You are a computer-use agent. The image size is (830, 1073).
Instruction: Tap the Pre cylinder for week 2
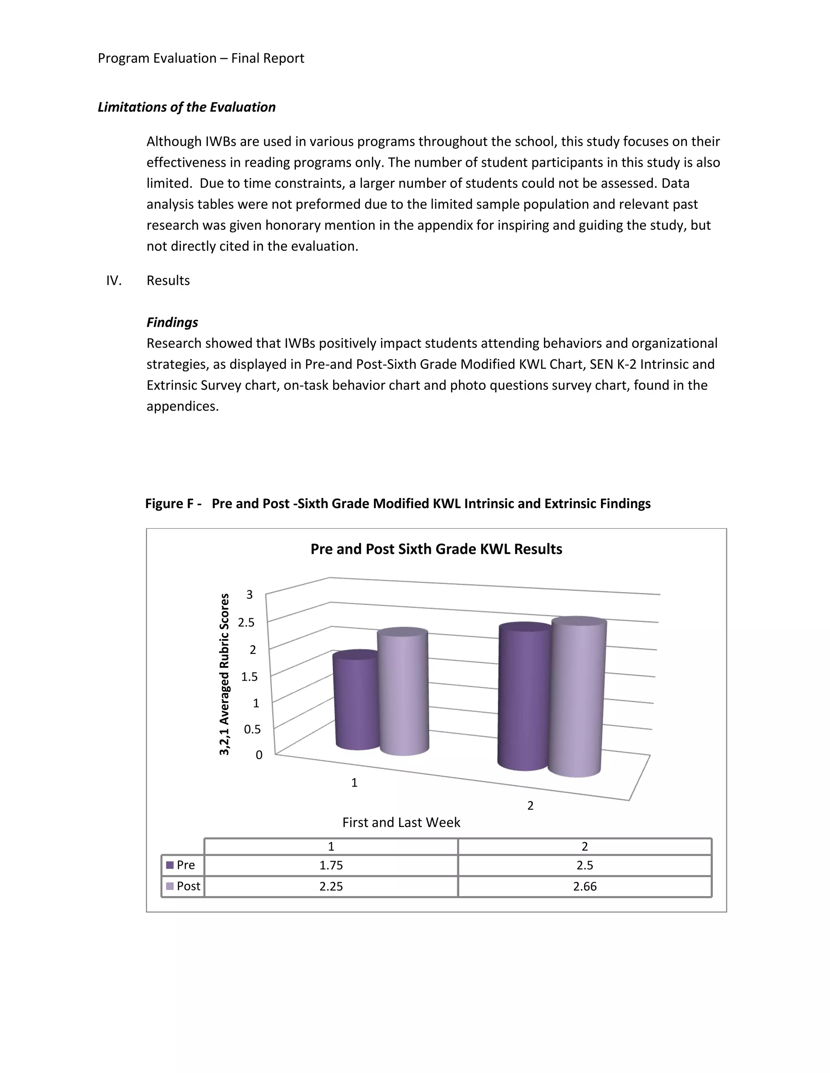click(524, 698)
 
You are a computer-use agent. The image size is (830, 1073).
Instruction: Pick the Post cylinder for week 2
click(576, 698)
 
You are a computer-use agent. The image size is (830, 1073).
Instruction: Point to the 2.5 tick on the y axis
click(246, 622)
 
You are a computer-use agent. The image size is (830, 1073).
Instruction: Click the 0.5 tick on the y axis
click(252, 729)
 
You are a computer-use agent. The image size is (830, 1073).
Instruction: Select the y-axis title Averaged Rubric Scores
click(224, 674)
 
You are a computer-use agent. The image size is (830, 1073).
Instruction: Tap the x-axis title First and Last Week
click(401, 822)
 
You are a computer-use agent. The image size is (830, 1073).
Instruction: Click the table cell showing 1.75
click(331, 865)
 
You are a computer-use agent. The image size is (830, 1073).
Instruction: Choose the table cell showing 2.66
click(585, 886)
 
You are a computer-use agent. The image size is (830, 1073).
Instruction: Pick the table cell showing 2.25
click(331, 886)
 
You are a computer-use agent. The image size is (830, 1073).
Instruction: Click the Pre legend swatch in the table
click(170, 865)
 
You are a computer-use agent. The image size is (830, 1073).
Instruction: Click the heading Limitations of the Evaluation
click(186, 107)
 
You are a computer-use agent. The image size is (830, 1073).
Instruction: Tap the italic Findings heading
click(172, 322)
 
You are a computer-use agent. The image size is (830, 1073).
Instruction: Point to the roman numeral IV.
click(113, 281)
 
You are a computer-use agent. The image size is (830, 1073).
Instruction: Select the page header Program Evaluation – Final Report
click(201, 58)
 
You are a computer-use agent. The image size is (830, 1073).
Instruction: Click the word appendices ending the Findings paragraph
click(182, 406)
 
